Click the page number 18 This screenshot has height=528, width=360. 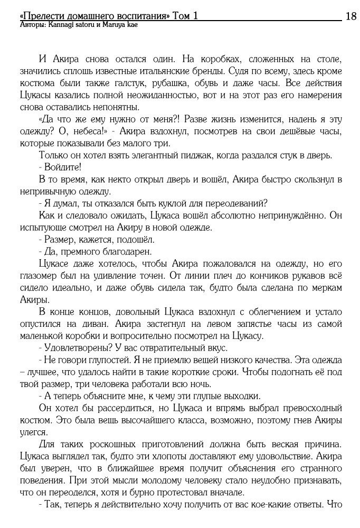350,16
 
